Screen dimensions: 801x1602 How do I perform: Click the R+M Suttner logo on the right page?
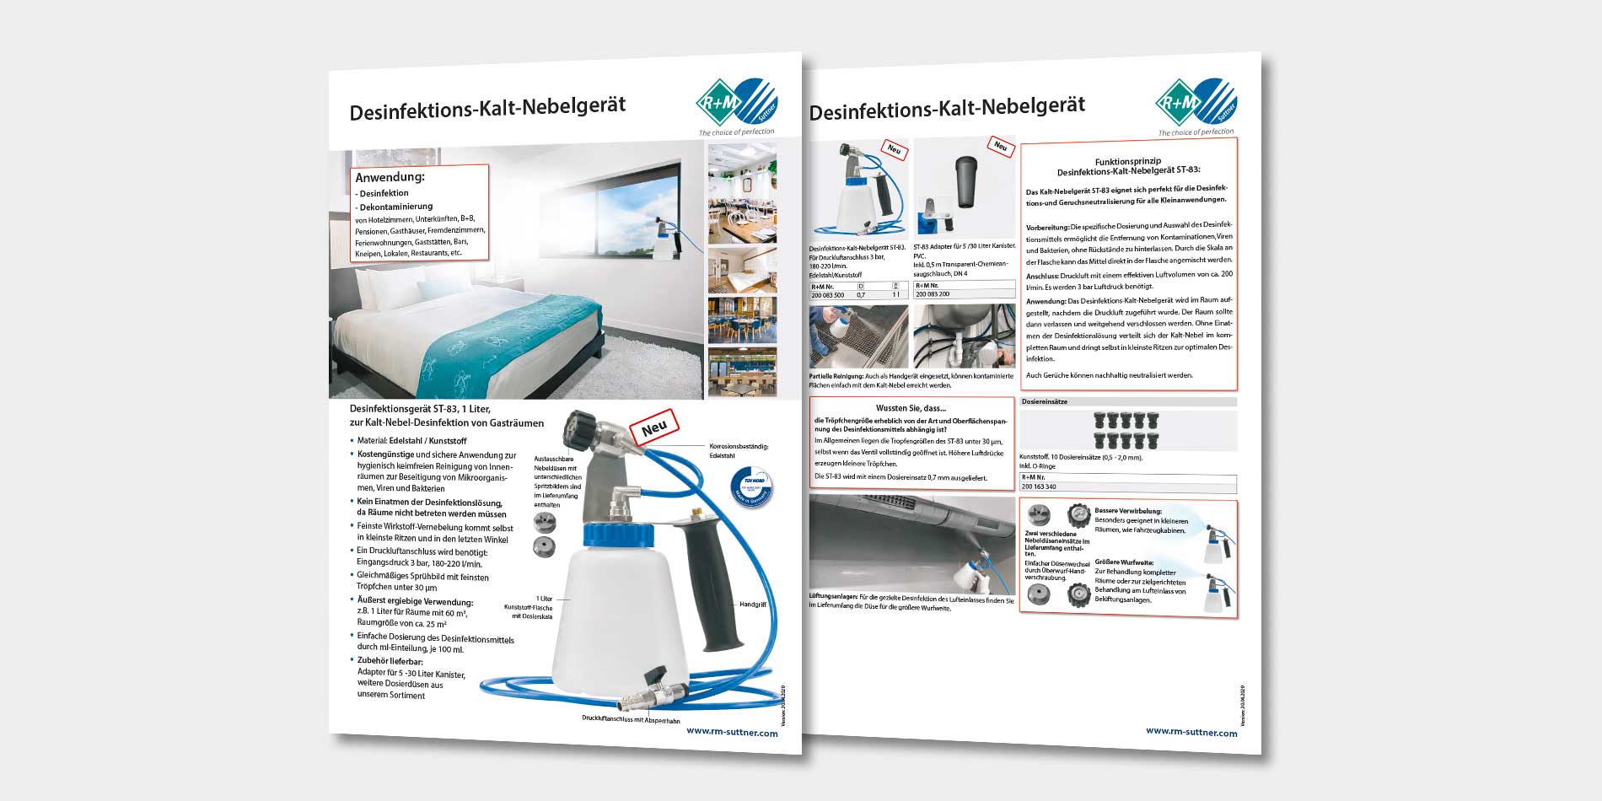point(1195,103)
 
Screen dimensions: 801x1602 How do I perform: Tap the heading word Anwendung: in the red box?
point(390,178)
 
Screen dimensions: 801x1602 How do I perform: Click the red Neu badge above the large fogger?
point(654,427)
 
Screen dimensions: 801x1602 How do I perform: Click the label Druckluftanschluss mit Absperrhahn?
point(630,720)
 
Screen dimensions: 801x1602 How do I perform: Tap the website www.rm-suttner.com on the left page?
point(732,733)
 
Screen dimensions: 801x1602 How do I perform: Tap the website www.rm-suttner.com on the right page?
point(1191,732)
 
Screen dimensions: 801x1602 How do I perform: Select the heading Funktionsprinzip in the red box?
point(1127,161)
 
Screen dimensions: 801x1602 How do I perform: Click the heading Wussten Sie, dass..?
point(911,408)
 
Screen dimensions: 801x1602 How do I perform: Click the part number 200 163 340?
point(1039,487)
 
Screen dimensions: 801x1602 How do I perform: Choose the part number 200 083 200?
point(933,294)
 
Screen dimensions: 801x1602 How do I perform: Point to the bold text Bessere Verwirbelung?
point(1127,511)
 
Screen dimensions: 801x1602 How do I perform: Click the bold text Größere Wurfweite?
point(1124,562)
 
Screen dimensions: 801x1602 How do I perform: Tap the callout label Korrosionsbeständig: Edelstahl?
point(739,450)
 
